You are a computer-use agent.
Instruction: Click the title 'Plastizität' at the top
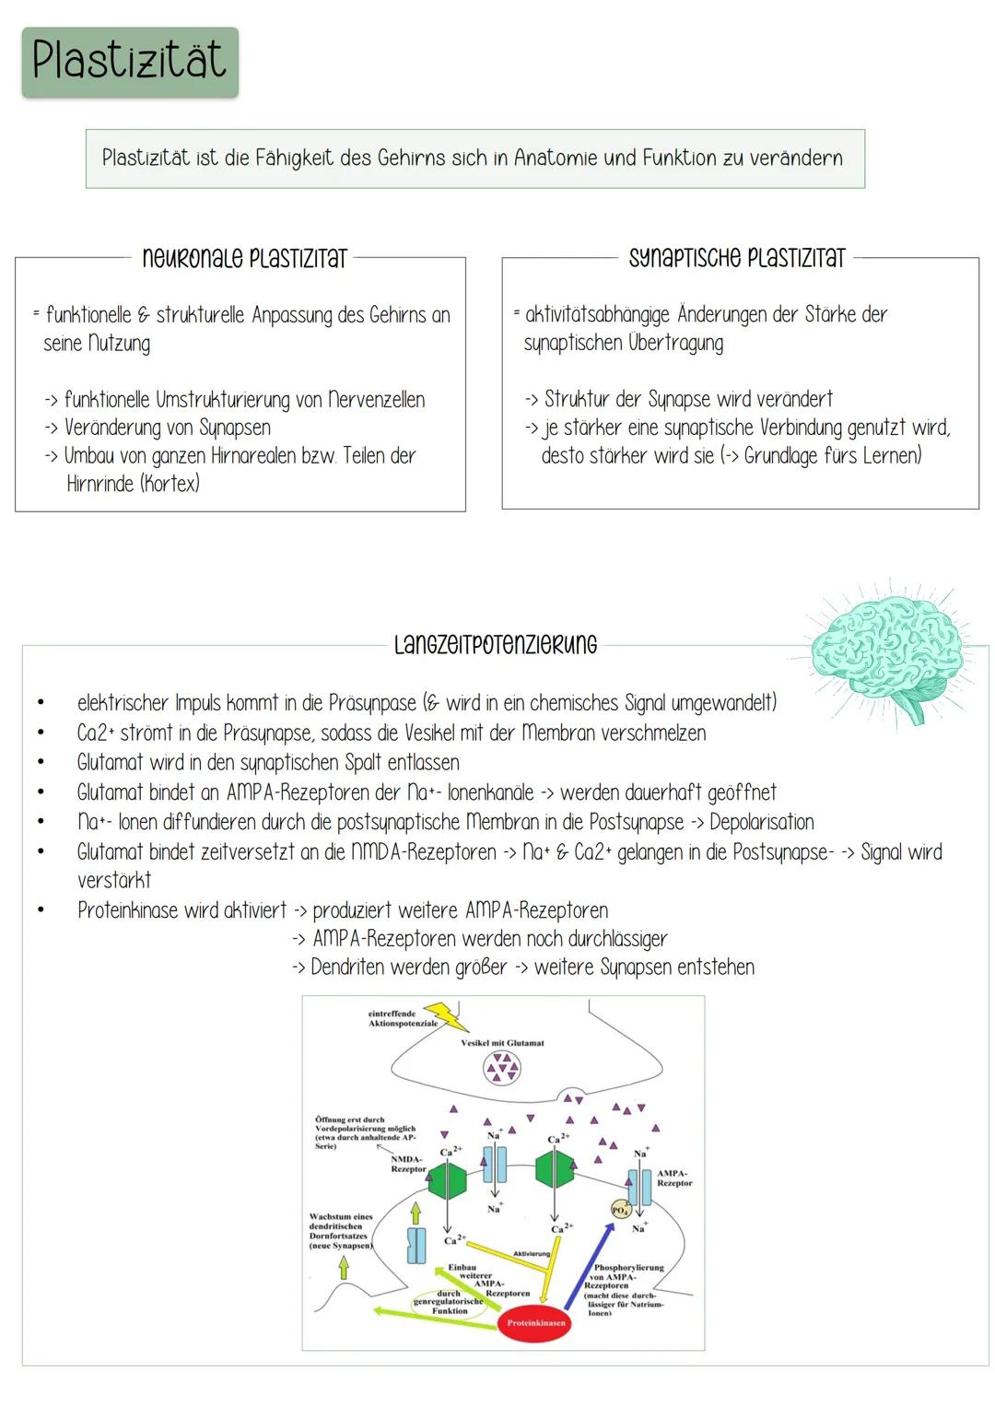pos(129,61)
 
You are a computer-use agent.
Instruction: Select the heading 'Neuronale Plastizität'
pos(244,259)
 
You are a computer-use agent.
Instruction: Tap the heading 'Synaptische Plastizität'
pos(736,258)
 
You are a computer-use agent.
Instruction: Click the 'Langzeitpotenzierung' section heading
pos(495,645)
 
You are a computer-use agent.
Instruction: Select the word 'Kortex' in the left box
pos(170,484)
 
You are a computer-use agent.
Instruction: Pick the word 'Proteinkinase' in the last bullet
pos(128,910)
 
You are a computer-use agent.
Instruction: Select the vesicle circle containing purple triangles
pos(502,1069)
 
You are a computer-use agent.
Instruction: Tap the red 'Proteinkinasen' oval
pos(536,1322)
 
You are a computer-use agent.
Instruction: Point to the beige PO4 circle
pos(620,1209)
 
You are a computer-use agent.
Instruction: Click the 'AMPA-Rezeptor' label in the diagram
pos(674,1178)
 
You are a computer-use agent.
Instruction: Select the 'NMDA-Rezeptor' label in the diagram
pos(407,1164)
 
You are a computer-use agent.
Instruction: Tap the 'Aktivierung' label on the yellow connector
pos(532,1254)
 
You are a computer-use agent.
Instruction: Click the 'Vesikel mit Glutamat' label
pos(502,1043)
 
